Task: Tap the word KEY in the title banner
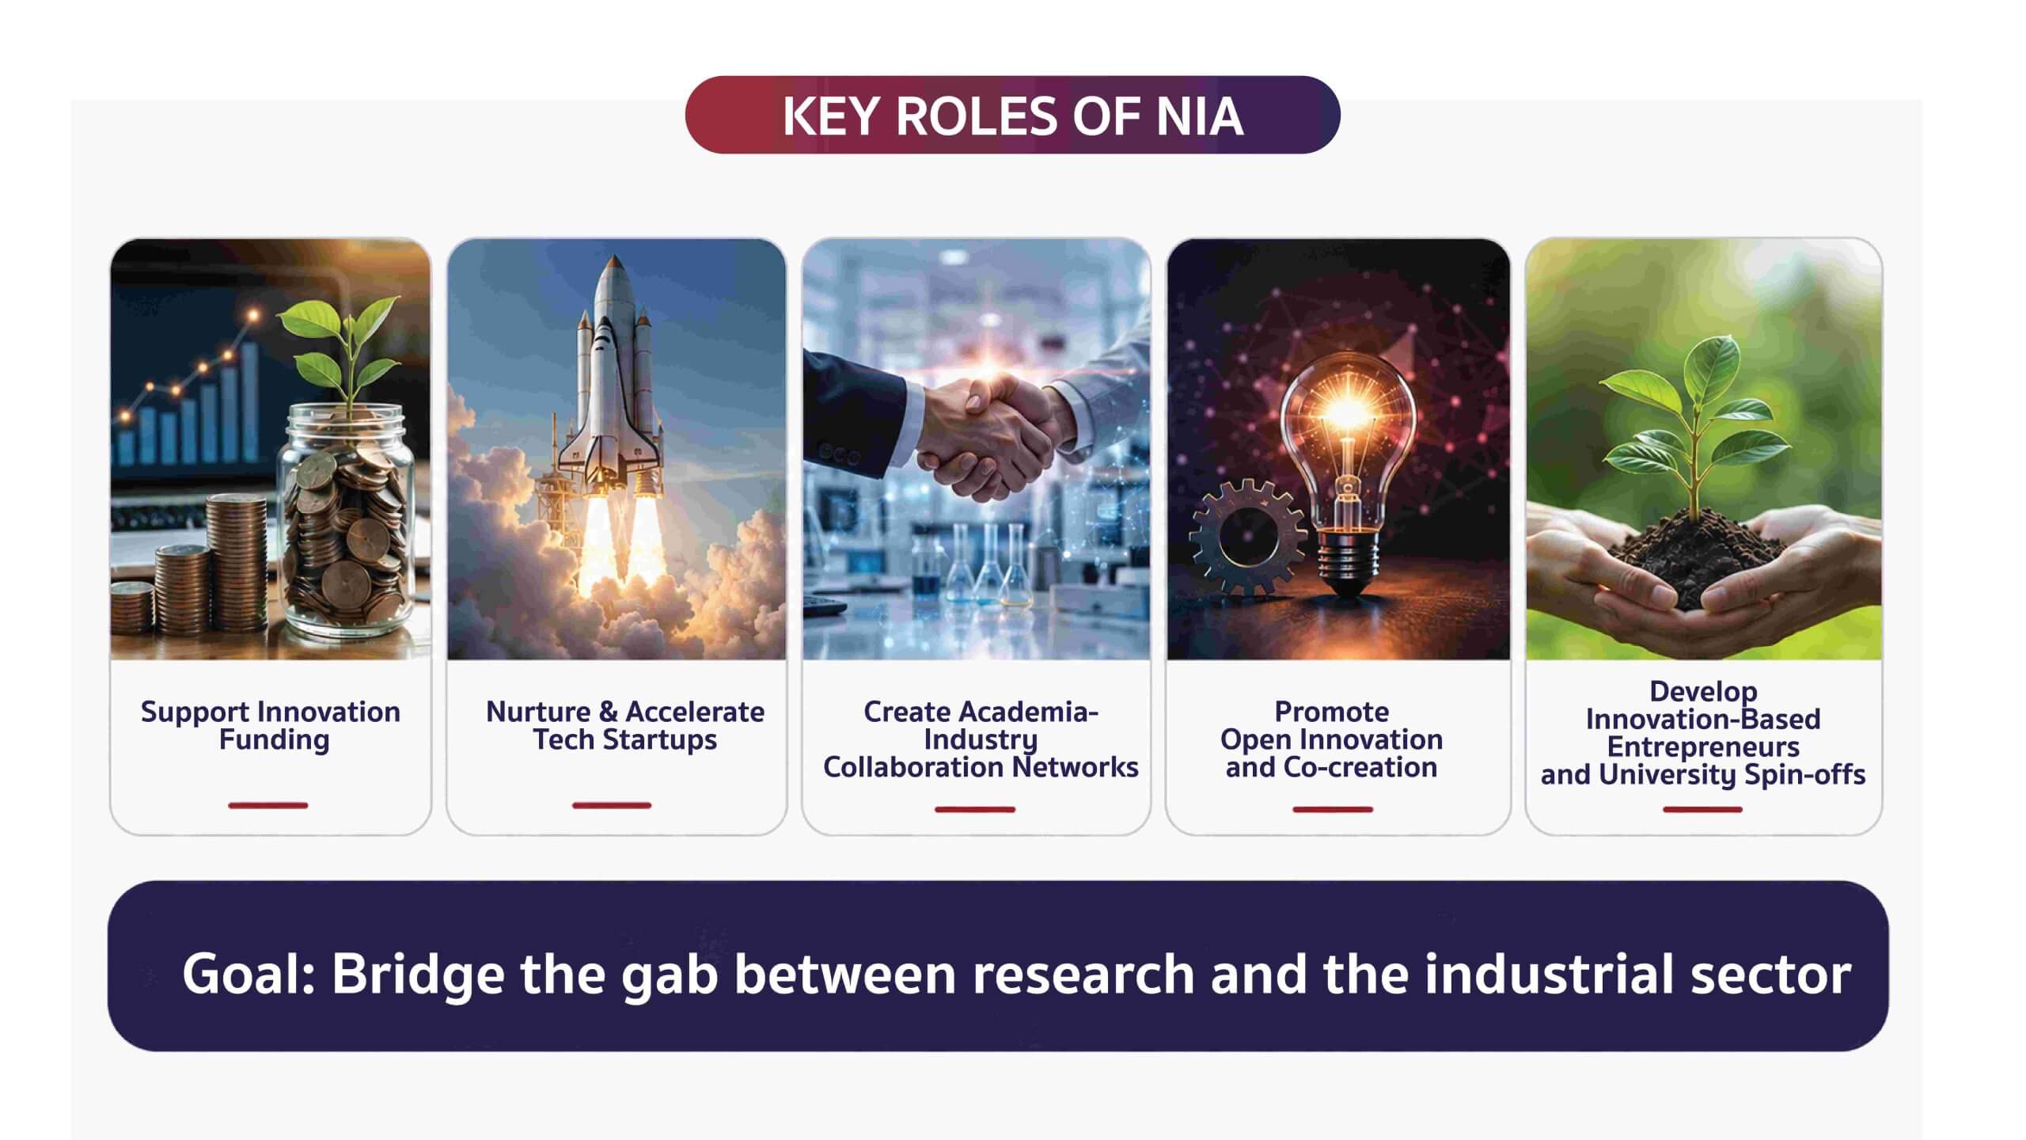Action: click(831, 116)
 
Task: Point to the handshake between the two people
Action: click(985, 431)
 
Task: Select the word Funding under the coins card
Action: click(274, 741)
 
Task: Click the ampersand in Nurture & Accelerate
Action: click(608, 712)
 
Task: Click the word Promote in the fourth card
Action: click(1331, 712)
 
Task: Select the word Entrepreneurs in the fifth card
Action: click(1703, 747)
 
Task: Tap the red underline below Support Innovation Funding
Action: click(268, 806)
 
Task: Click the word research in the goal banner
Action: click(1083, 974)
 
